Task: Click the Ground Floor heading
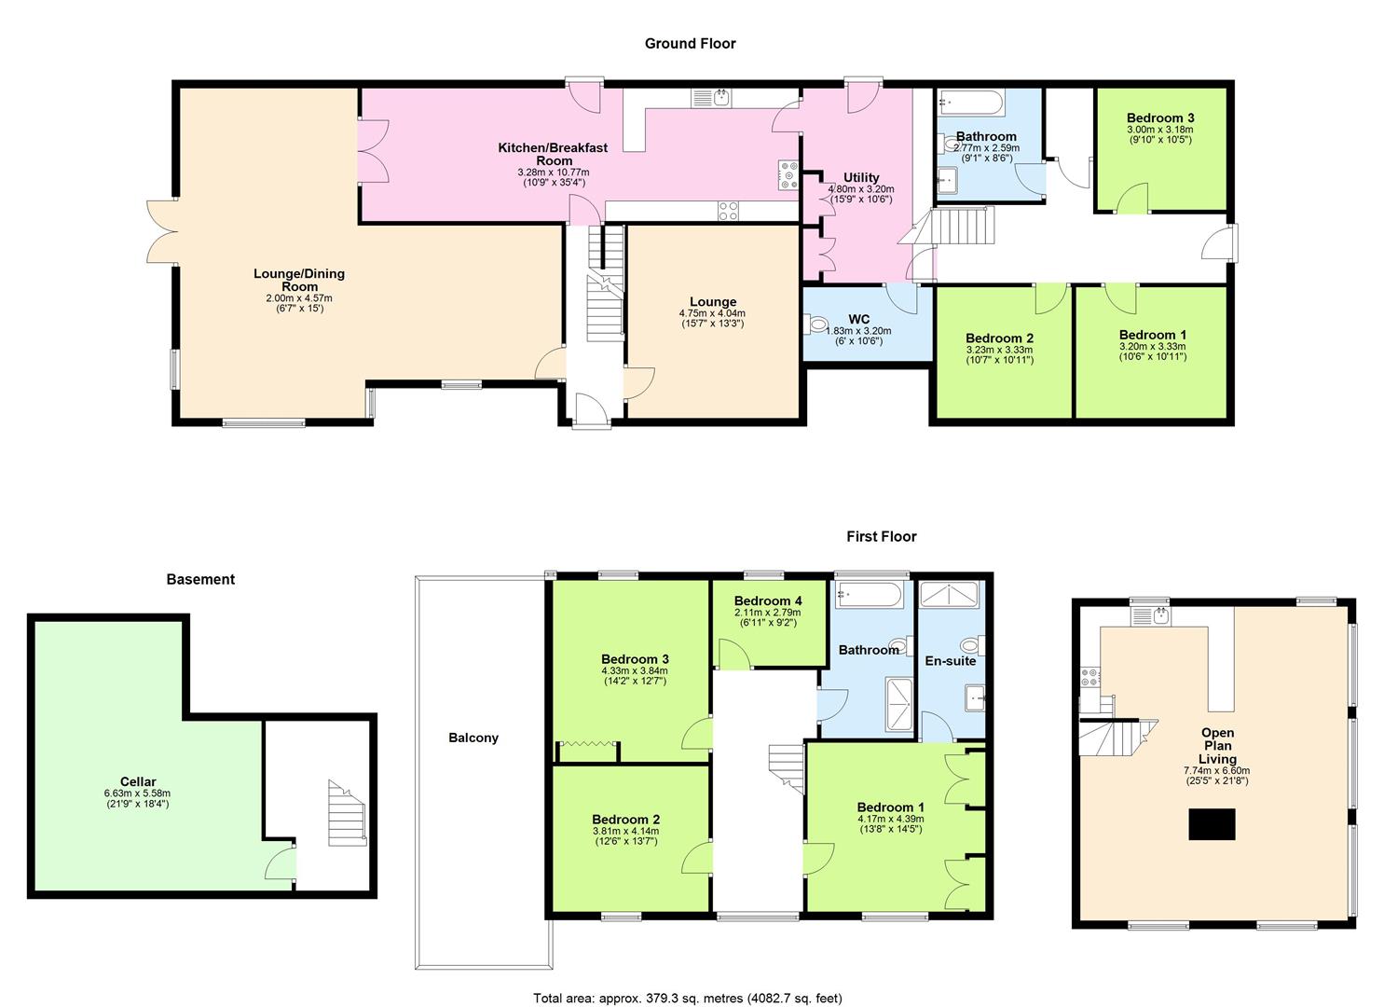pos(690,43)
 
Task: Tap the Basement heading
pos(200,579)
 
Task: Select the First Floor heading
pos(881,536)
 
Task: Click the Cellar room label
pos(138,781)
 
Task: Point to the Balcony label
pos(473,738)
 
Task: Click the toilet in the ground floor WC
pos(817,325)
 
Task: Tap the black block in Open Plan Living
pos(1212,825)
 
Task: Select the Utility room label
pos(861,177)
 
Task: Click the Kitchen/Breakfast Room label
pos(553,154)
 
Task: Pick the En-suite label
pos(950,661)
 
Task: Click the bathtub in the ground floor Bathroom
pos(970,101)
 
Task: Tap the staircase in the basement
pos(343,813)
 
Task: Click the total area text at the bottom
pos(687,998)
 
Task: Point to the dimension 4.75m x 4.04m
pos(712,314)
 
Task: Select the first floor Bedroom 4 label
pos(767,600)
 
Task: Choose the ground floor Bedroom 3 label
pos(1159,117)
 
